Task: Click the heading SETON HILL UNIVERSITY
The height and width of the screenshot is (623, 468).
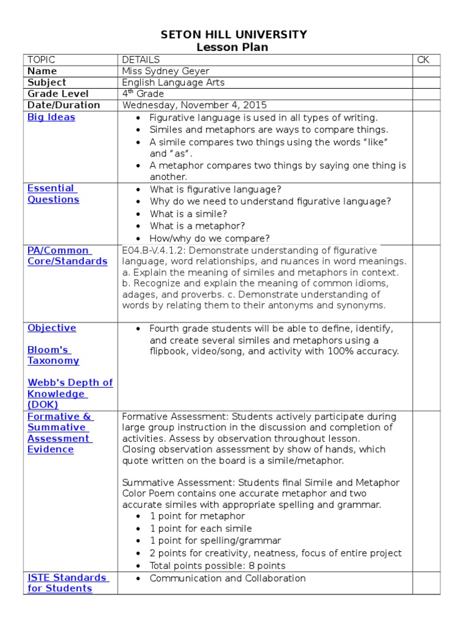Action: coord(233,35)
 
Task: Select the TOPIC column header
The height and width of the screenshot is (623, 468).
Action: coord(41,60)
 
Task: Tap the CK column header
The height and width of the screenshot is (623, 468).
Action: coord(423,60)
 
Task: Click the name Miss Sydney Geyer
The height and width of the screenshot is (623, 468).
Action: coord(166,71)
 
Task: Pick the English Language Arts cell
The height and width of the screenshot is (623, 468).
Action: coord(173,82)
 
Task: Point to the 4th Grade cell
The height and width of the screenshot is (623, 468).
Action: coord(143,94)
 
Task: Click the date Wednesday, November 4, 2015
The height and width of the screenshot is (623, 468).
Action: coord(194,105)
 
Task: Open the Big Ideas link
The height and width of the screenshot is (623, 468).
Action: coord(51,117)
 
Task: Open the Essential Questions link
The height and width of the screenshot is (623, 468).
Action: coord(53,194)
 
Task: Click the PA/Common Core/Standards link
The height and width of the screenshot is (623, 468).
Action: coord(67,256)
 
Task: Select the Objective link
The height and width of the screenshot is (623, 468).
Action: coord(52,328)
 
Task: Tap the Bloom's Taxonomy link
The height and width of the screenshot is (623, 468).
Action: coord(53,355)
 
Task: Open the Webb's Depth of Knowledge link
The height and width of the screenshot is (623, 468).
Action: coord(69,394)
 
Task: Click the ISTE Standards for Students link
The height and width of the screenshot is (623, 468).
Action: coord(67,583)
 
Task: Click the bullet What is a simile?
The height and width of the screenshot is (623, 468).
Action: coord(188,214)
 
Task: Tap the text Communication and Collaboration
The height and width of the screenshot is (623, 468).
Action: coord(227,578)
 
